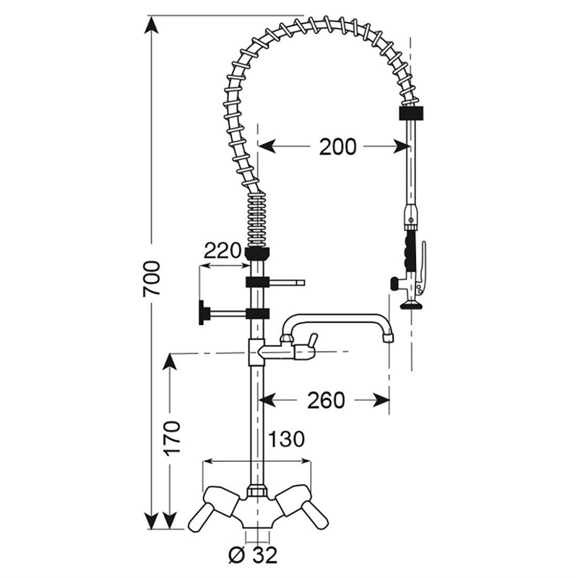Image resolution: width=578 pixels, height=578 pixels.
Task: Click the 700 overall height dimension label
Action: pos(152,278)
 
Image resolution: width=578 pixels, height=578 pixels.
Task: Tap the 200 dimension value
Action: pos(337,147)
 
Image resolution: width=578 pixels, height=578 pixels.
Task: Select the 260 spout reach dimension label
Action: pos(326,400)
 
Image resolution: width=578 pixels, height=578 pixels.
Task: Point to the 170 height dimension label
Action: pos(173,439)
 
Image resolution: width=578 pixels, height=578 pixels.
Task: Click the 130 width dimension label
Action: pos(286,439)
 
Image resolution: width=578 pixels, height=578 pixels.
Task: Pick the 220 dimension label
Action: pos(223,251)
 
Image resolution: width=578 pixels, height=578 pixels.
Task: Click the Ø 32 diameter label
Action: pos(253,555)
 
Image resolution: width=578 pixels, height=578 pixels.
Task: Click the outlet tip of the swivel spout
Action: pos(388,337)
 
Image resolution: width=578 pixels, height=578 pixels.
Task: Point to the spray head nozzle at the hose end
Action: pos(410,304)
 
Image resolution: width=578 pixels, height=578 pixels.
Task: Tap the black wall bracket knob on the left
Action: pos(202,313)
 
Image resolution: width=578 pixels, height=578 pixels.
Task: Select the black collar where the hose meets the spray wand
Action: pos(411,113)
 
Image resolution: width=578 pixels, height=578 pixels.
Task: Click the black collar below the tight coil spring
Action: pos(257,252)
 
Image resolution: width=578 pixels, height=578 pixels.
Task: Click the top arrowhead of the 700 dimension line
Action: pos(151,25)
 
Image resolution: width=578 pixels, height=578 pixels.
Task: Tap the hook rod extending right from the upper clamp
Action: pos(287,282)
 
